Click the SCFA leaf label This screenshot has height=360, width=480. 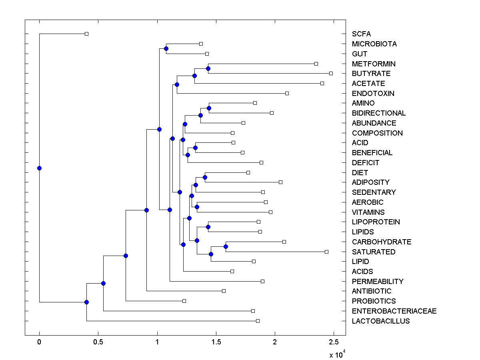coord(361,34)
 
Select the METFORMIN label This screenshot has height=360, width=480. coord(374,64)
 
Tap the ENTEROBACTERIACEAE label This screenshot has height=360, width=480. coord(394,311)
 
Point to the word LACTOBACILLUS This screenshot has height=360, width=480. coord(381,321)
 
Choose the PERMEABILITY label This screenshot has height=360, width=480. coord(378,281)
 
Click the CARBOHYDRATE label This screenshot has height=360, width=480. coord(382,242)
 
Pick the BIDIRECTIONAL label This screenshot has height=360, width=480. coord(379,113)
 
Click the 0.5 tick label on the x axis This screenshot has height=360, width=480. coord(98,342)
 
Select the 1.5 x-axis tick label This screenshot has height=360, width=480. coord(216,342)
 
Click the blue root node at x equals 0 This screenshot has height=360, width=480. coord(39,168)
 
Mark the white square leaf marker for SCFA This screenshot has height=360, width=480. coord(86,34)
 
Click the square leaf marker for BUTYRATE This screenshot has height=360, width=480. coord(331,74)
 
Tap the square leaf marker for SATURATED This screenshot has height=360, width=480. coord(326,252)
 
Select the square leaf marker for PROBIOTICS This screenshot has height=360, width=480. coord(184,301)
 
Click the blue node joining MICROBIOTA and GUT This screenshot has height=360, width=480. coord(166,49)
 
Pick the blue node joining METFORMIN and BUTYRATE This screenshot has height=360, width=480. coord(208,69)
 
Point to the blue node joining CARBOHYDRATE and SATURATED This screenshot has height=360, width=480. coord(226,246)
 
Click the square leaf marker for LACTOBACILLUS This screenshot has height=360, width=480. coord(258,321)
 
